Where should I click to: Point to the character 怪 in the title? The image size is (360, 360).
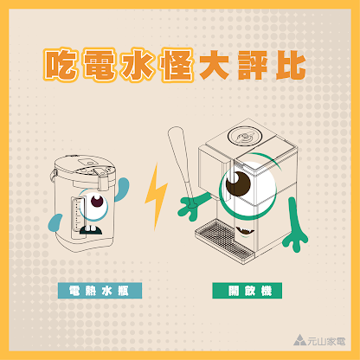pyautogui.click(x=178, y=64)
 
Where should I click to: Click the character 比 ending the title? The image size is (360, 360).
pyautogui.click(x=292, y=64)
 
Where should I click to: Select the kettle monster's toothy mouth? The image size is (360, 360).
pyautogui.click(x=91, y=231)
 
